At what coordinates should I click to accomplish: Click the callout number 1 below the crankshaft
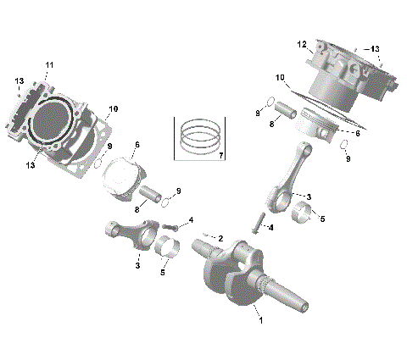click(260, 321)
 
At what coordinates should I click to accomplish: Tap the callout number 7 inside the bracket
click(220, 156)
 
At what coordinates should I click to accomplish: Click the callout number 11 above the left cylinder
click(49, 65)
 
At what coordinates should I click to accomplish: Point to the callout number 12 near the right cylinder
click(301, 44)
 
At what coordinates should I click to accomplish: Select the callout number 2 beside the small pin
click(220, 239)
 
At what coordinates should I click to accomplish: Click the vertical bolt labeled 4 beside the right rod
click(256, 223)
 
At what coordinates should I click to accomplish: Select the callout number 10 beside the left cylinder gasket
click(114, 108)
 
